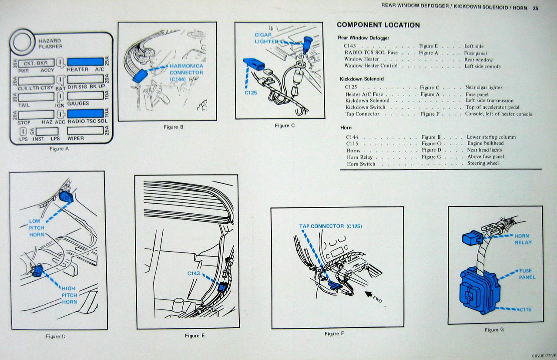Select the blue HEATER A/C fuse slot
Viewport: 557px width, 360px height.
pos(85,62)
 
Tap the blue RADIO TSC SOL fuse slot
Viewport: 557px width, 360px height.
pos(85,114)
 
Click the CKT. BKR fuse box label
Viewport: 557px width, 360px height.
pos(36,63)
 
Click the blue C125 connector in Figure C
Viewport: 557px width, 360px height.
pos(253,64)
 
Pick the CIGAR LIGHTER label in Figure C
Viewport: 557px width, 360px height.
pos(264,38)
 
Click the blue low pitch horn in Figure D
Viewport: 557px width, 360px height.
pos(66,196)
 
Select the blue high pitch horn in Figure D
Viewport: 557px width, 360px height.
pos(37,271)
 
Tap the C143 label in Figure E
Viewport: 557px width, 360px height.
pos(194,273)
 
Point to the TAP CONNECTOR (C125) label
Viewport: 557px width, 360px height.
pos(330,226)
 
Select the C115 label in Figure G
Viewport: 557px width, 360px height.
pos(525,310)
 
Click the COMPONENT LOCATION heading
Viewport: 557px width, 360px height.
pos(378,25)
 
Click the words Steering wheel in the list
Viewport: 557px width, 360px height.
pos(483,163)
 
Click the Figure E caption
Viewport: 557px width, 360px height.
pos(195,336)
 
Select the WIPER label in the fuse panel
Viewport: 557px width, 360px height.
pos(76,139)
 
